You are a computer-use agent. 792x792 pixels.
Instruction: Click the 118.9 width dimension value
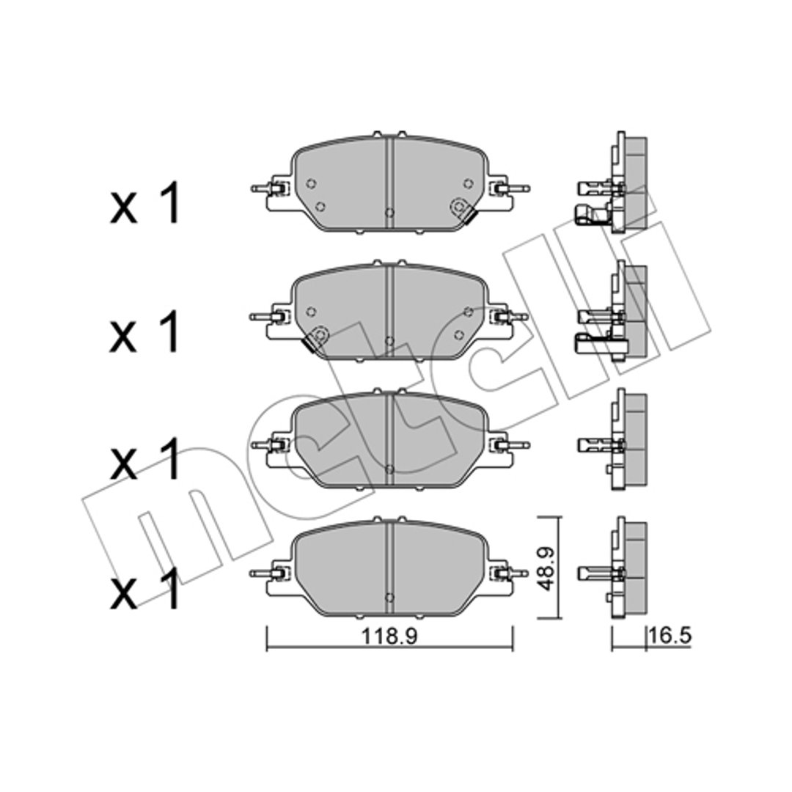click(x=389, y=637)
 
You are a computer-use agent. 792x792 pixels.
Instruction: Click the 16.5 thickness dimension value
click(x=670, y=637)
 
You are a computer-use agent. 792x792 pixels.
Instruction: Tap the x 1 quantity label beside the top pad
click(x=145, y=203)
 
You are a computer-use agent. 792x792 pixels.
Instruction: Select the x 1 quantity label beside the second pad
click(x=145, y=331)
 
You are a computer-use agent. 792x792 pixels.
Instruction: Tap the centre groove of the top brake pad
click(x=389, y=184)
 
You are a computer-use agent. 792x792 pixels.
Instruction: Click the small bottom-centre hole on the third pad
click(x=389, y=469)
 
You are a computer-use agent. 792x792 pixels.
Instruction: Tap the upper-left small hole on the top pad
click(x=311, y=183)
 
